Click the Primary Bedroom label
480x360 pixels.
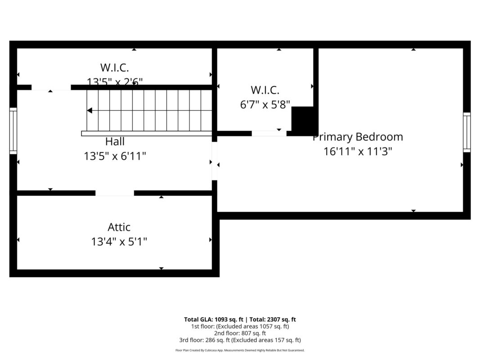point(358,137)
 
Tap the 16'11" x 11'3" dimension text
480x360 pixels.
point(358,152)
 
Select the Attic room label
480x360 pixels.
point(119,227)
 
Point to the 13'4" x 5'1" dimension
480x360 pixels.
point(119,242)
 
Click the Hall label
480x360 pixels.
point(115,142)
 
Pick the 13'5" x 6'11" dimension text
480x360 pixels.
point(115,156)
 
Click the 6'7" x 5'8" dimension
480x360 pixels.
point(265,104)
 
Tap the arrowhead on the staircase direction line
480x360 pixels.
point(90,110)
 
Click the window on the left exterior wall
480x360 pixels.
point(13,130)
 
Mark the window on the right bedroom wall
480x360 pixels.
point(467,132)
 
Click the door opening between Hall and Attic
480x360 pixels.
point(115,193)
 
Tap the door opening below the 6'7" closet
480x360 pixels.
point(269,133)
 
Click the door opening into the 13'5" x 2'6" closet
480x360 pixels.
point(51,87)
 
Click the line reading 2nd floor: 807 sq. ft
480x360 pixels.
point(240,333)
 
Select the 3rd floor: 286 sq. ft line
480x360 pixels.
point(240,340)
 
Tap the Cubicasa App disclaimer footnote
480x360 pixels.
point(240,350)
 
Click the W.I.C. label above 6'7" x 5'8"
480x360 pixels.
point(265,90)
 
